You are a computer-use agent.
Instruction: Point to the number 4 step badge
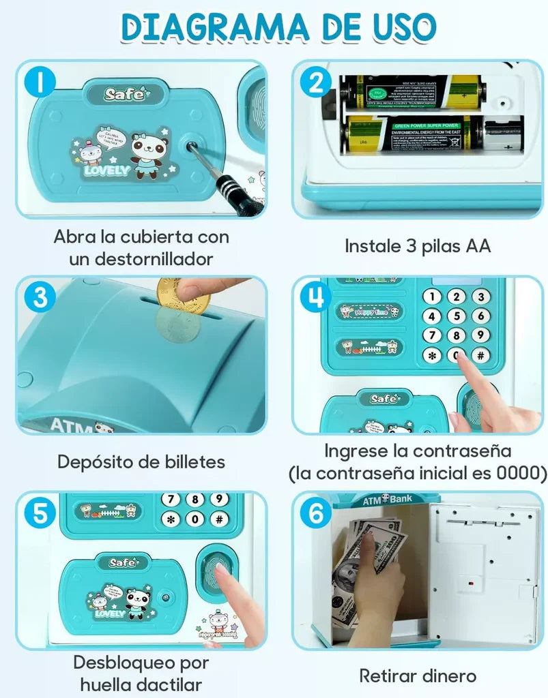coord(315,297)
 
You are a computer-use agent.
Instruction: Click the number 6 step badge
coord(315,513)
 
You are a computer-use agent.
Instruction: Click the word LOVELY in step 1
coord(106,170)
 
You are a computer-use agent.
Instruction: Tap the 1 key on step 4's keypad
coord(431,297)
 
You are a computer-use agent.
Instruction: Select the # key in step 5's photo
coord(219,519)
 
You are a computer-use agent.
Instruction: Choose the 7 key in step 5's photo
coord(171,500)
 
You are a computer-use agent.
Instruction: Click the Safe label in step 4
coord(384,399)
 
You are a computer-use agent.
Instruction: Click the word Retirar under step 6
coord(388,676)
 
